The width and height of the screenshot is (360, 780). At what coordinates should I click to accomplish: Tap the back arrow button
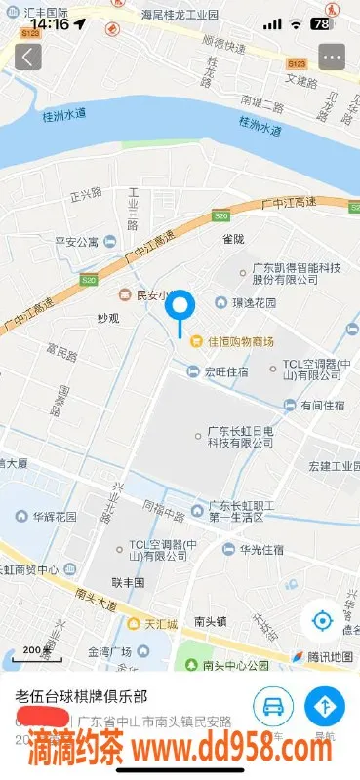[x=27, y=57]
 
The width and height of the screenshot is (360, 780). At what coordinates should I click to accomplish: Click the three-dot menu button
[x=332, y=57]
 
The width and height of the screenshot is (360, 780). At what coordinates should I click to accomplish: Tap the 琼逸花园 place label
[x=252, y=303]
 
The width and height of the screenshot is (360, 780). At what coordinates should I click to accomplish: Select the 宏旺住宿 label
[x=225, y=371]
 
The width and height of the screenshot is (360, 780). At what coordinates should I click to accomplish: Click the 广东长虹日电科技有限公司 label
[x=239, y=436]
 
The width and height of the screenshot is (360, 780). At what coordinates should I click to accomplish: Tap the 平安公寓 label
[x=76, y=242]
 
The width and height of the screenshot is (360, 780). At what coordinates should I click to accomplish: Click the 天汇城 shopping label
[x=161, y=623]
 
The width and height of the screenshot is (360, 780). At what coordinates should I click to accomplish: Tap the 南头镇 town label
[x=211, y=620]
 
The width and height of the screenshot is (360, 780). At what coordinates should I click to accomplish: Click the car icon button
[x=274, y=705]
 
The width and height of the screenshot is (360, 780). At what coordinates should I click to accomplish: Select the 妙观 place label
[x=108, y=319]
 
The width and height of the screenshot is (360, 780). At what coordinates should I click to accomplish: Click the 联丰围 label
[x=128, y=582]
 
